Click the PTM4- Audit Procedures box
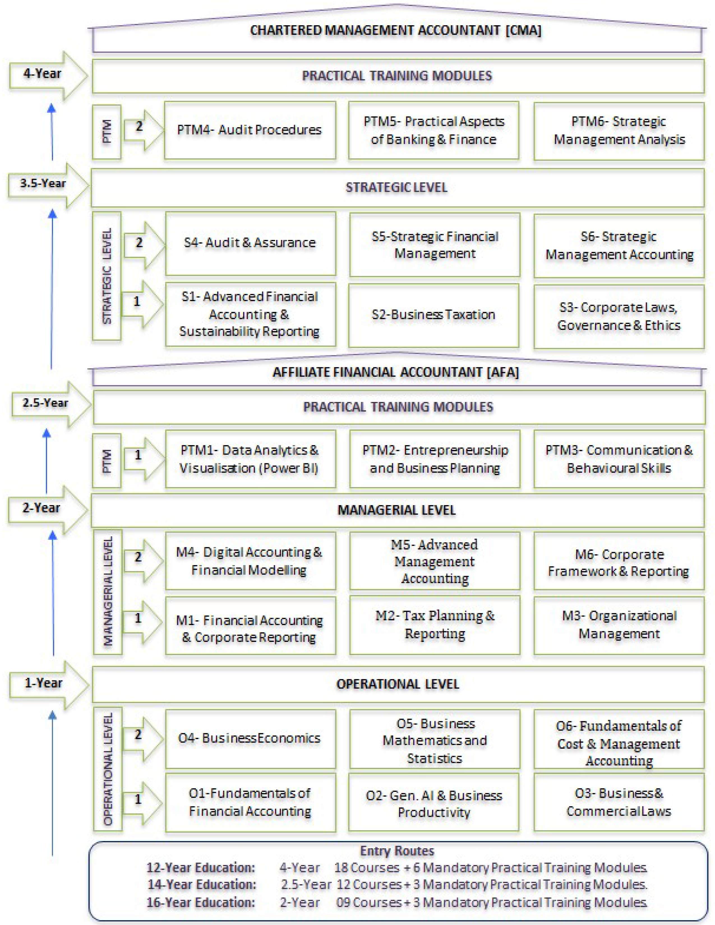pos(250,130)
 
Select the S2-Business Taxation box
pos(434,315)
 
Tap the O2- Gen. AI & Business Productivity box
pos(434,803)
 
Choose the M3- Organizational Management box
pos(619,625)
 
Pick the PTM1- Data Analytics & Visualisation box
pos(250,459)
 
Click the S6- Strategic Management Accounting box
pos(619,246)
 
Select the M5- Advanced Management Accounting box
pos(435,561)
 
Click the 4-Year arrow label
pos(42,74)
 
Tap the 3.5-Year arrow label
pos(43,183)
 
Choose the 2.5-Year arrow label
pos(45,403)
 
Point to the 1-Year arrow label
pos(43,683)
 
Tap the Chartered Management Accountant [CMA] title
pos(396,31)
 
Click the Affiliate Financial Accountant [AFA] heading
pos(396,372)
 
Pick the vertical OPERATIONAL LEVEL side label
pos(108,769)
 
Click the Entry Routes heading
pos(397,851)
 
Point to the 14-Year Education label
pos(202,885)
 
